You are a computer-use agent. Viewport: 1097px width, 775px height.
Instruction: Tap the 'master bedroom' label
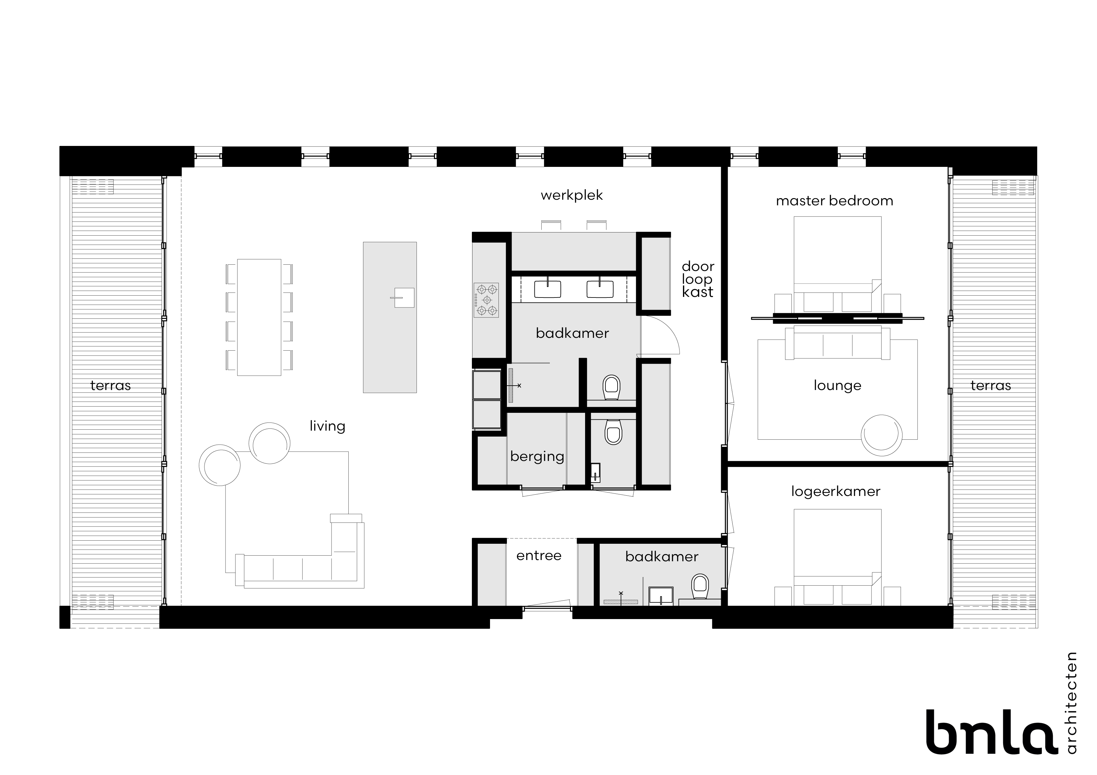[x=834, y=201]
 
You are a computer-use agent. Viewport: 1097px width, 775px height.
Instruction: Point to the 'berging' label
[x=537, y=457]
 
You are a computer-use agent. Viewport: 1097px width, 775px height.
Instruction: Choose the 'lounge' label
[x=837, y=385]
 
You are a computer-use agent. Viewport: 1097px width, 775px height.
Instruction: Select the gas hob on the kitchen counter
[x=486, y=300]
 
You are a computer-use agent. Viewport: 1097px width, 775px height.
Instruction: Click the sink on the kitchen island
[x=404, y=297]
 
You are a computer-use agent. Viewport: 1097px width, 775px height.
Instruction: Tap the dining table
[x=259, y=317]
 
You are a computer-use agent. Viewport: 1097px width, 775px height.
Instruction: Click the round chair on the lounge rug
[x=882, y=435]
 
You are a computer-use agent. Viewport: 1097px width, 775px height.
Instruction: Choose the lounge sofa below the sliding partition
[x=837, y=343]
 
